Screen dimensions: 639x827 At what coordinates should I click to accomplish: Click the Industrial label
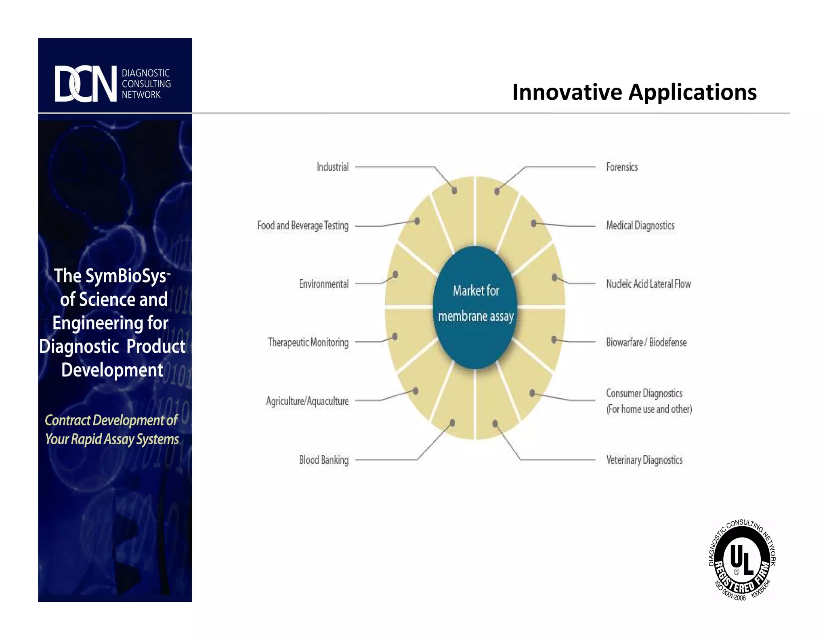(332, 167)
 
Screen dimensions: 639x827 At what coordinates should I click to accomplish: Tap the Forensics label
(622, 167)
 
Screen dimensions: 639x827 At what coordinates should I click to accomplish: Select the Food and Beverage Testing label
(303, 225)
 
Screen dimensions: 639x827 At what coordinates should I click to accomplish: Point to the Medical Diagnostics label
(640, 225)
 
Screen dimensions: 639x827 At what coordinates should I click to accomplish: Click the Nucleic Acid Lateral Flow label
(648, 284)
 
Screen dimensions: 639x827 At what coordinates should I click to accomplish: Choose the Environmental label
(323, 284)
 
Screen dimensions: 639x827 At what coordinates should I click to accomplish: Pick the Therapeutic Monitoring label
(308, 343)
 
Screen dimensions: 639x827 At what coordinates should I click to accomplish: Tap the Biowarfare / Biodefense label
(646, 343)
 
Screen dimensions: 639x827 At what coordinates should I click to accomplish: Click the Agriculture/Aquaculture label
(307, 401)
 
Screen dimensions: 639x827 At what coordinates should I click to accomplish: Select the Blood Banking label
(323, 460)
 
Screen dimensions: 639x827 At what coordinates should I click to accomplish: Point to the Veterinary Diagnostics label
(644, 460)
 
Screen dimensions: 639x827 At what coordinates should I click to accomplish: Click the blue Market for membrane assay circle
(475, 307)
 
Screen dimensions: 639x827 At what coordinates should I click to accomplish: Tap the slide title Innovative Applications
(634, 92)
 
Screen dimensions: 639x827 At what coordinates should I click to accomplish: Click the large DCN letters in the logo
(86, 84)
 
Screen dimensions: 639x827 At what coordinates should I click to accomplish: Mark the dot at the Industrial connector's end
(454, 191)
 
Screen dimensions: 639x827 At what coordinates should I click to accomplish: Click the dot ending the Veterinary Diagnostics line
(495, 423)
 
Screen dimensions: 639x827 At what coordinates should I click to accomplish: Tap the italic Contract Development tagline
(111, 430)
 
